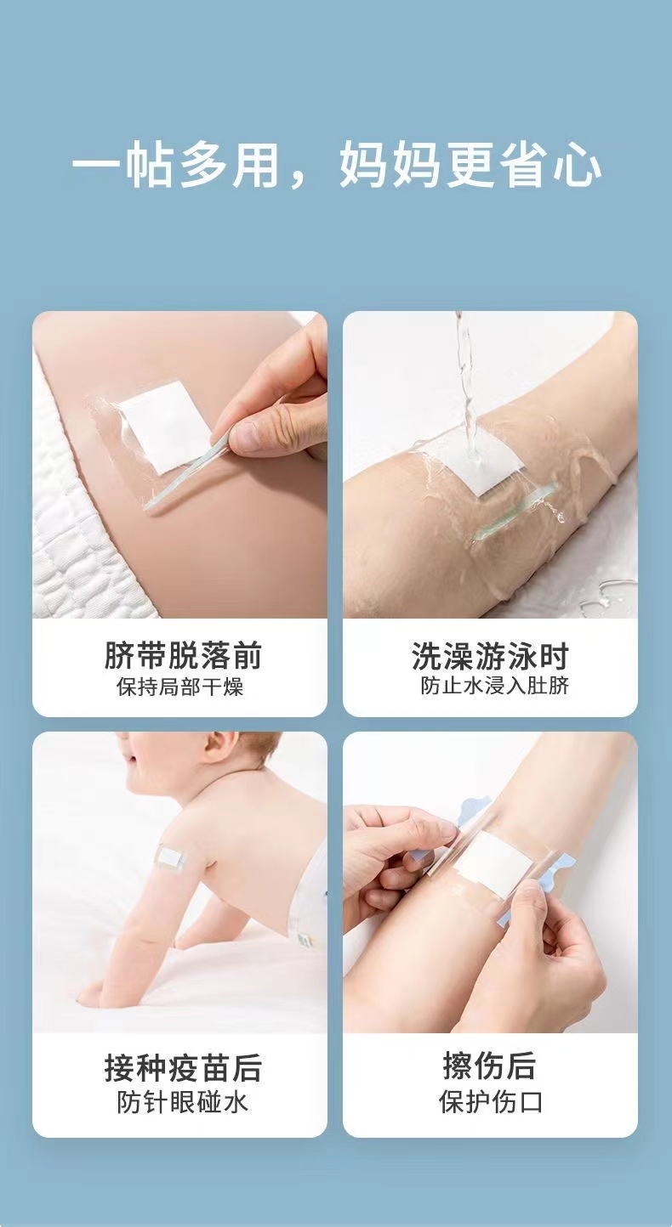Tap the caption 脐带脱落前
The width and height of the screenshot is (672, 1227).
(x=183, y=655)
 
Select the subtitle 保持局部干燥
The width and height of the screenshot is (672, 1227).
(x=180, y=687)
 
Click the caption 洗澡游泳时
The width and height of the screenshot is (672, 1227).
(x=491, y=656)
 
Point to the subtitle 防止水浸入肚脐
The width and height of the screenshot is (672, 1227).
(x=495, y=686)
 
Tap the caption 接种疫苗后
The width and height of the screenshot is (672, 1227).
(x=183, y=1068)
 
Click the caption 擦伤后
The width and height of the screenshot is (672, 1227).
(x=490, y=1066)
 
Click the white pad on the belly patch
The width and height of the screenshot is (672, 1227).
(x=164, y=427)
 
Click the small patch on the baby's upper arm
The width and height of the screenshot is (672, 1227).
(x=171, y=857)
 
